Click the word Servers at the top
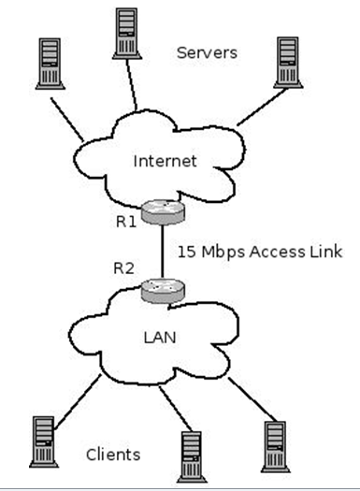[207, 52]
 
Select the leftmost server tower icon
[48, 65]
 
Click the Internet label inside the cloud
[166, 161]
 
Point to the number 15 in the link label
[187, 253]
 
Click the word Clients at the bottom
[113, 455]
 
